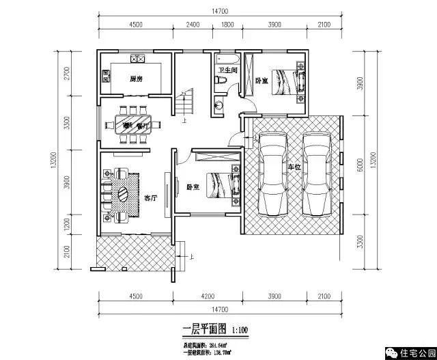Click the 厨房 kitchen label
136,79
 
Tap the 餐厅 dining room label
142,126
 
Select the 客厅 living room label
151,198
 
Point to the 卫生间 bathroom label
227,70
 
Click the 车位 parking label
294,166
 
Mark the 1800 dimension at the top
225,25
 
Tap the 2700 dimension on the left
67,74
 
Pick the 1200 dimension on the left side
67,223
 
